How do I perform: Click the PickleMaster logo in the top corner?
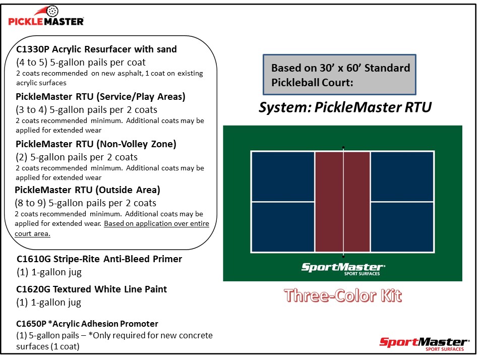click(46, 19)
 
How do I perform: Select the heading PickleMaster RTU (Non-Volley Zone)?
click(96, 144)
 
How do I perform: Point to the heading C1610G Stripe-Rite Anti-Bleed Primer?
click(99, 259)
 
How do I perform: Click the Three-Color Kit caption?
click(343, 295)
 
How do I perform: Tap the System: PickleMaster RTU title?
click(345, 107)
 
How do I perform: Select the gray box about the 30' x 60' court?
click(340, 75)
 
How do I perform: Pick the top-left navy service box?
click(283, 176)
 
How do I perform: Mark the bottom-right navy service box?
click(402, 227)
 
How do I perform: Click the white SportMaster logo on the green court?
click(343, 268)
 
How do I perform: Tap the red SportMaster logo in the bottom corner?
click(424, 343)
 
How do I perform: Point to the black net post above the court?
click(343, 148)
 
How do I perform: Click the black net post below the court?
click(343, 256)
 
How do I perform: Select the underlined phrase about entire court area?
click(156, 224)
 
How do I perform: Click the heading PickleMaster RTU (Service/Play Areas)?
click(100, 97)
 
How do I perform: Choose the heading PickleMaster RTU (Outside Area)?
click(87, 190)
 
